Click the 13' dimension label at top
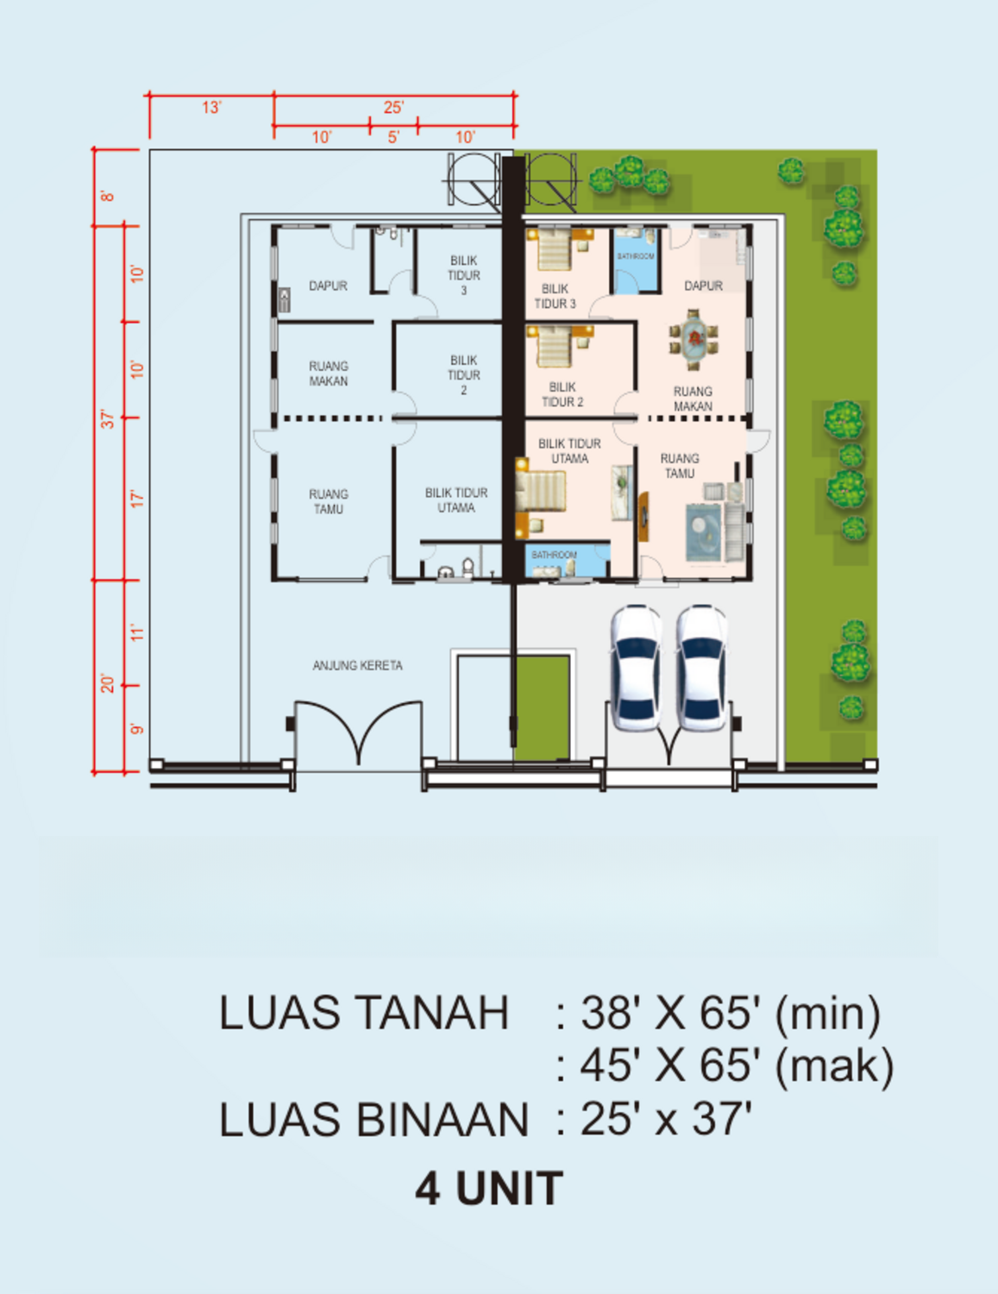coord(211,107)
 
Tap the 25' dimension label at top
coord(393,107)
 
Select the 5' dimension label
coord(393,137)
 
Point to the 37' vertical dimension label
coord(107,419)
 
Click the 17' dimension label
coord(136,499)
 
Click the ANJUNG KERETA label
coord(357,665)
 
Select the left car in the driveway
coord(636,667)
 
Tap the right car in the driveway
coord(700,667)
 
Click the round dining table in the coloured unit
coord(694,339)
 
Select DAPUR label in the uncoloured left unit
coord(328,286)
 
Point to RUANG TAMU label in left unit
coord(328,501)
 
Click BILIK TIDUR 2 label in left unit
coord(463,374)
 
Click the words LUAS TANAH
coord(363,1013)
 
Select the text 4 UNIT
coord(488,1189)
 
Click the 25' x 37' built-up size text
coord(665,1120)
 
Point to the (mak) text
coord(833,1066)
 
